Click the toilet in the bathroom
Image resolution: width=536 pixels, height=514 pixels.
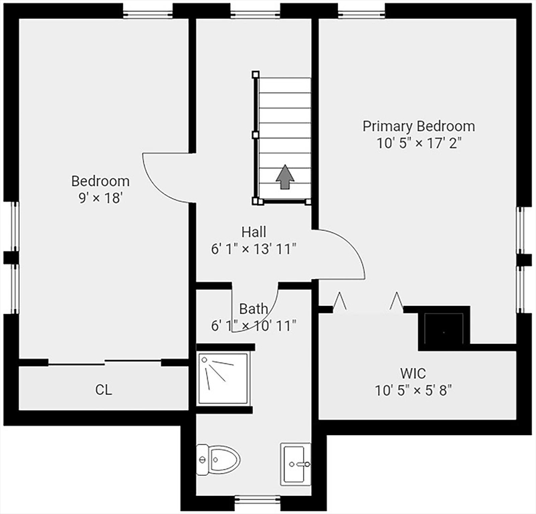(x=218, y=459)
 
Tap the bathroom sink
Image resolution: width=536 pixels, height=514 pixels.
(x=296, y=464)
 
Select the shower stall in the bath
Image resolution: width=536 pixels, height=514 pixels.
(x=224, y=378)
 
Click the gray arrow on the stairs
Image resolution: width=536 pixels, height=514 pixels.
(x=285, y=177)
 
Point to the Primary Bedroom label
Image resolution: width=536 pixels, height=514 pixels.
(x=419, y=126)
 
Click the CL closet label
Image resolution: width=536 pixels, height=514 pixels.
(x=104, y=390)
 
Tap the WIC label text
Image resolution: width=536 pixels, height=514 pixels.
(x=413, y=373)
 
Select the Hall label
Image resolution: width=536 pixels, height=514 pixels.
(x=254, y=232)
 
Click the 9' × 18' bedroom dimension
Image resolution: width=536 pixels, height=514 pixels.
(x=100, y=197)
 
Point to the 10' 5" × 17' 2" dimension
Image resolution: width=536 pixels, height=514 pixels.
(x=419, y=143)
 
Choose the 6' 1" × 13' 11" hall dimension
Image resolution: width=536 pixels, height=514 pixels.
(x=254, y=249)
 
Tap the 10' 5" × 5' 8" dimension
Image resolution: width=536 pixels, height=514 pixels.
(x=414, y=390)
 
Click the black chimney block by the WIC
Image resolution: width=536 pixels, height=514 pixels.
(x=444, y=328)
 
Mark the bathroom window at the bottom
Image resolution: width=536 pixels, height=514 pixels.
(x=258, y=500)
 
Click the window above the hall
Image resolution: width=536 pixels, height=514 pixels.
(x=255, y=13)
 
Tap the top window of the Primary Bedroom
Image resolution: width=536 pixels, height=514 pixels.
(x=361, y=13)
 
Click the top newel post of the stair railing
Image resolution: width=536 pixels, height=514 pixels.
(x=256, y=74)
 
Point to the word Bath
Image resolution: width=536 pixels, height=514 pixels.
(x=254, y=309)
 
